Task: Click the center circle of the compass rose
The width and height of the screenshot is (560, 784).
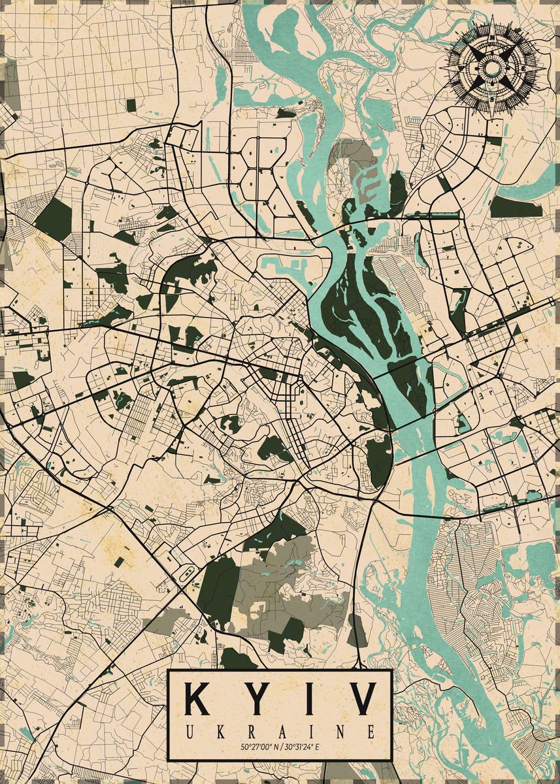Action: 493,68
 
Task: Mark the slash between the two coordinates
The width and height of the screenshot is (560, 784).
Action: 281,746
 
